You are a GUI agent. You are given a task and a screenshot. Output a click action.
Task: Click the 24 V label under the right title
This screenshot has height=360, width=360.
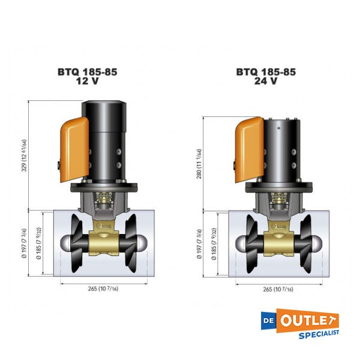pyautogui.click(x=265, y=82)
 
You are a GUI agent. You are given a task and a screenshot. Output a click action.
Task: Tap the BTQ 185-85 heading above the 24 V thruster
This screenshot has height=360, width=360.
pyautogui.click(x=265, y=72)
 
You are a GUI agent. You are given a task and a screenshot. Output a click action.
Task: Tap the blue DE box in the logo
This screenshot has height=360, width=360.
pyautogui.click(x=277, y=319)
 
